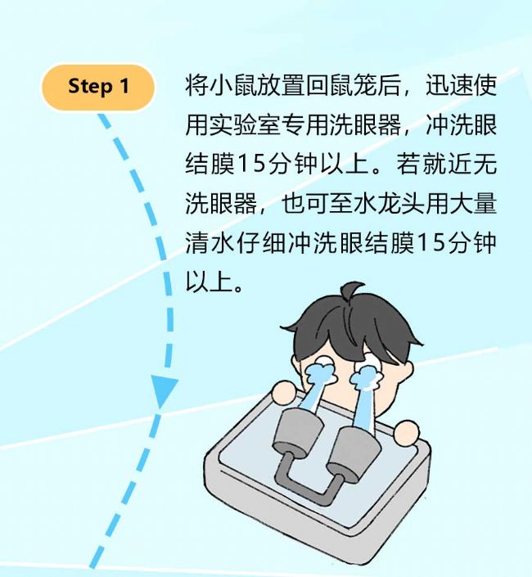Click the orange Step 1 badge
coord(97,87)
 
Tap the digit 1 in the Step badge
coord(124,86)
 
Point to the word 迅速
coord(450,86)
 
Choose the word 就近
coord(449,165)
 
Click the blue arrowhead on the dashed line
coord(163,391)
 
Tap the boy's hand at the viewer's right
coord(406,433)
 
